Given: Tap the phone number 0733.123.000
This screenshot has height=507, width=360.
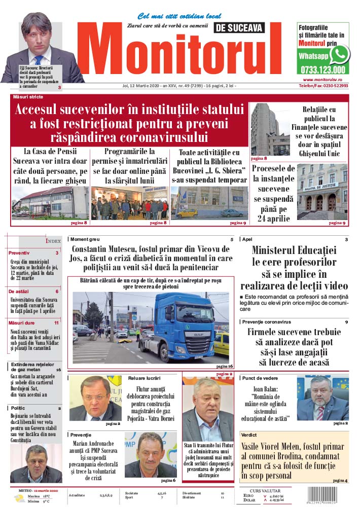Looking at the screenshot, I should tap(323, 70).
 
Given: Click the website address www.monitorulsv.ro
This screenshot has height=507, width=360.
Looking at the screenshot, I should tap(325, 80).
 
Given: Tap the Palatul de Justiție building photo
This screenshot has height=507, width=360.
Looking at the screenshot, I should tap(323, 192).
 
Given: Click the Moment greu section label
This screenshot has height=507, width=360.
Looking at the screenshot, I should tap(85, 239).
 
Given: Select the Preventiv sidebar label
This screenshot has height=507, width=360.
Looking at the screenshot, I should tap(19, 252).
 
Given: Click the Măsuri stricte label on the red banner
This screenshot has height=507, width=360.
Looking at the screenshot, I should tap(28, 96).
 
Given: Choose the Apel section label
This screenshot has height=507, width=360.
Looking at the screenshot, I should tap(247, 239).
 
